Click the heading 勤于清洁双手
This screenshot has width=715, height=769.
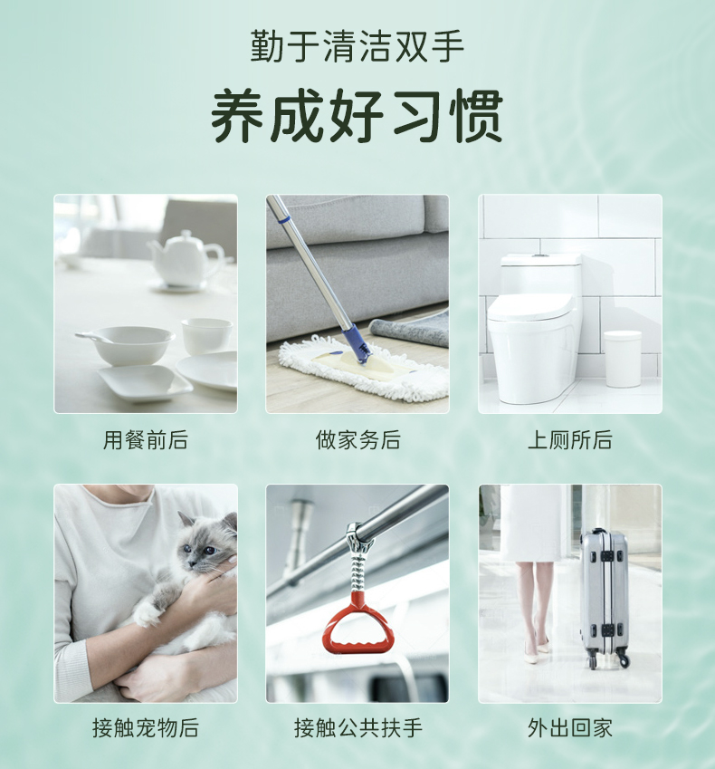pyautogui.click(x=357, y=46)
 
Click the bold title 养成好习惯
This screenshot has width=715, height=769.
pyautogui.click(x=357, y=116)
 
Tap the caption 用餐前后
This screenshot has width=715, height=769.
pyautogui.click(x=146, y=440)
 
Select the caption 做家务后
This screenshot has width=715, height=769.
pyautogui.click(x=357, y=440)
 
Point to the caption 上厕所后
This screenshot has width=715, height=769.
pyautogui.click(x=570, y=440)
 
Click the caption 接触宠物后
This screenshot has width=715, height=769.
pyautogui.click(x=146, y=728)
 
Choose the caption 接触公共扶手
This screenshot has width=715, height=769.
pyautogui.click(x=357, y=728)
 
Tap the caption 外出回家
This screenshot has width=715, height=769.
pyautogui.click(x=570, y=728)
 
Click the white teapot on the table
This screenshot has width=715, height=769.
pyautogui.click(x=186, y=260)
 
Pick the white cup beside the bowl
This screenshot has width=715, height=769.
pyautogui.click(x=206, y=336)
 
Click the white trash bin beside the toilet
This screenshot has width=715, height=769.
pyautogui.click(x=623, y=359)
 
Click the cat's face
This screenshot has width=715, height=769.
pyautogui.click(x=203, y=543)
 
